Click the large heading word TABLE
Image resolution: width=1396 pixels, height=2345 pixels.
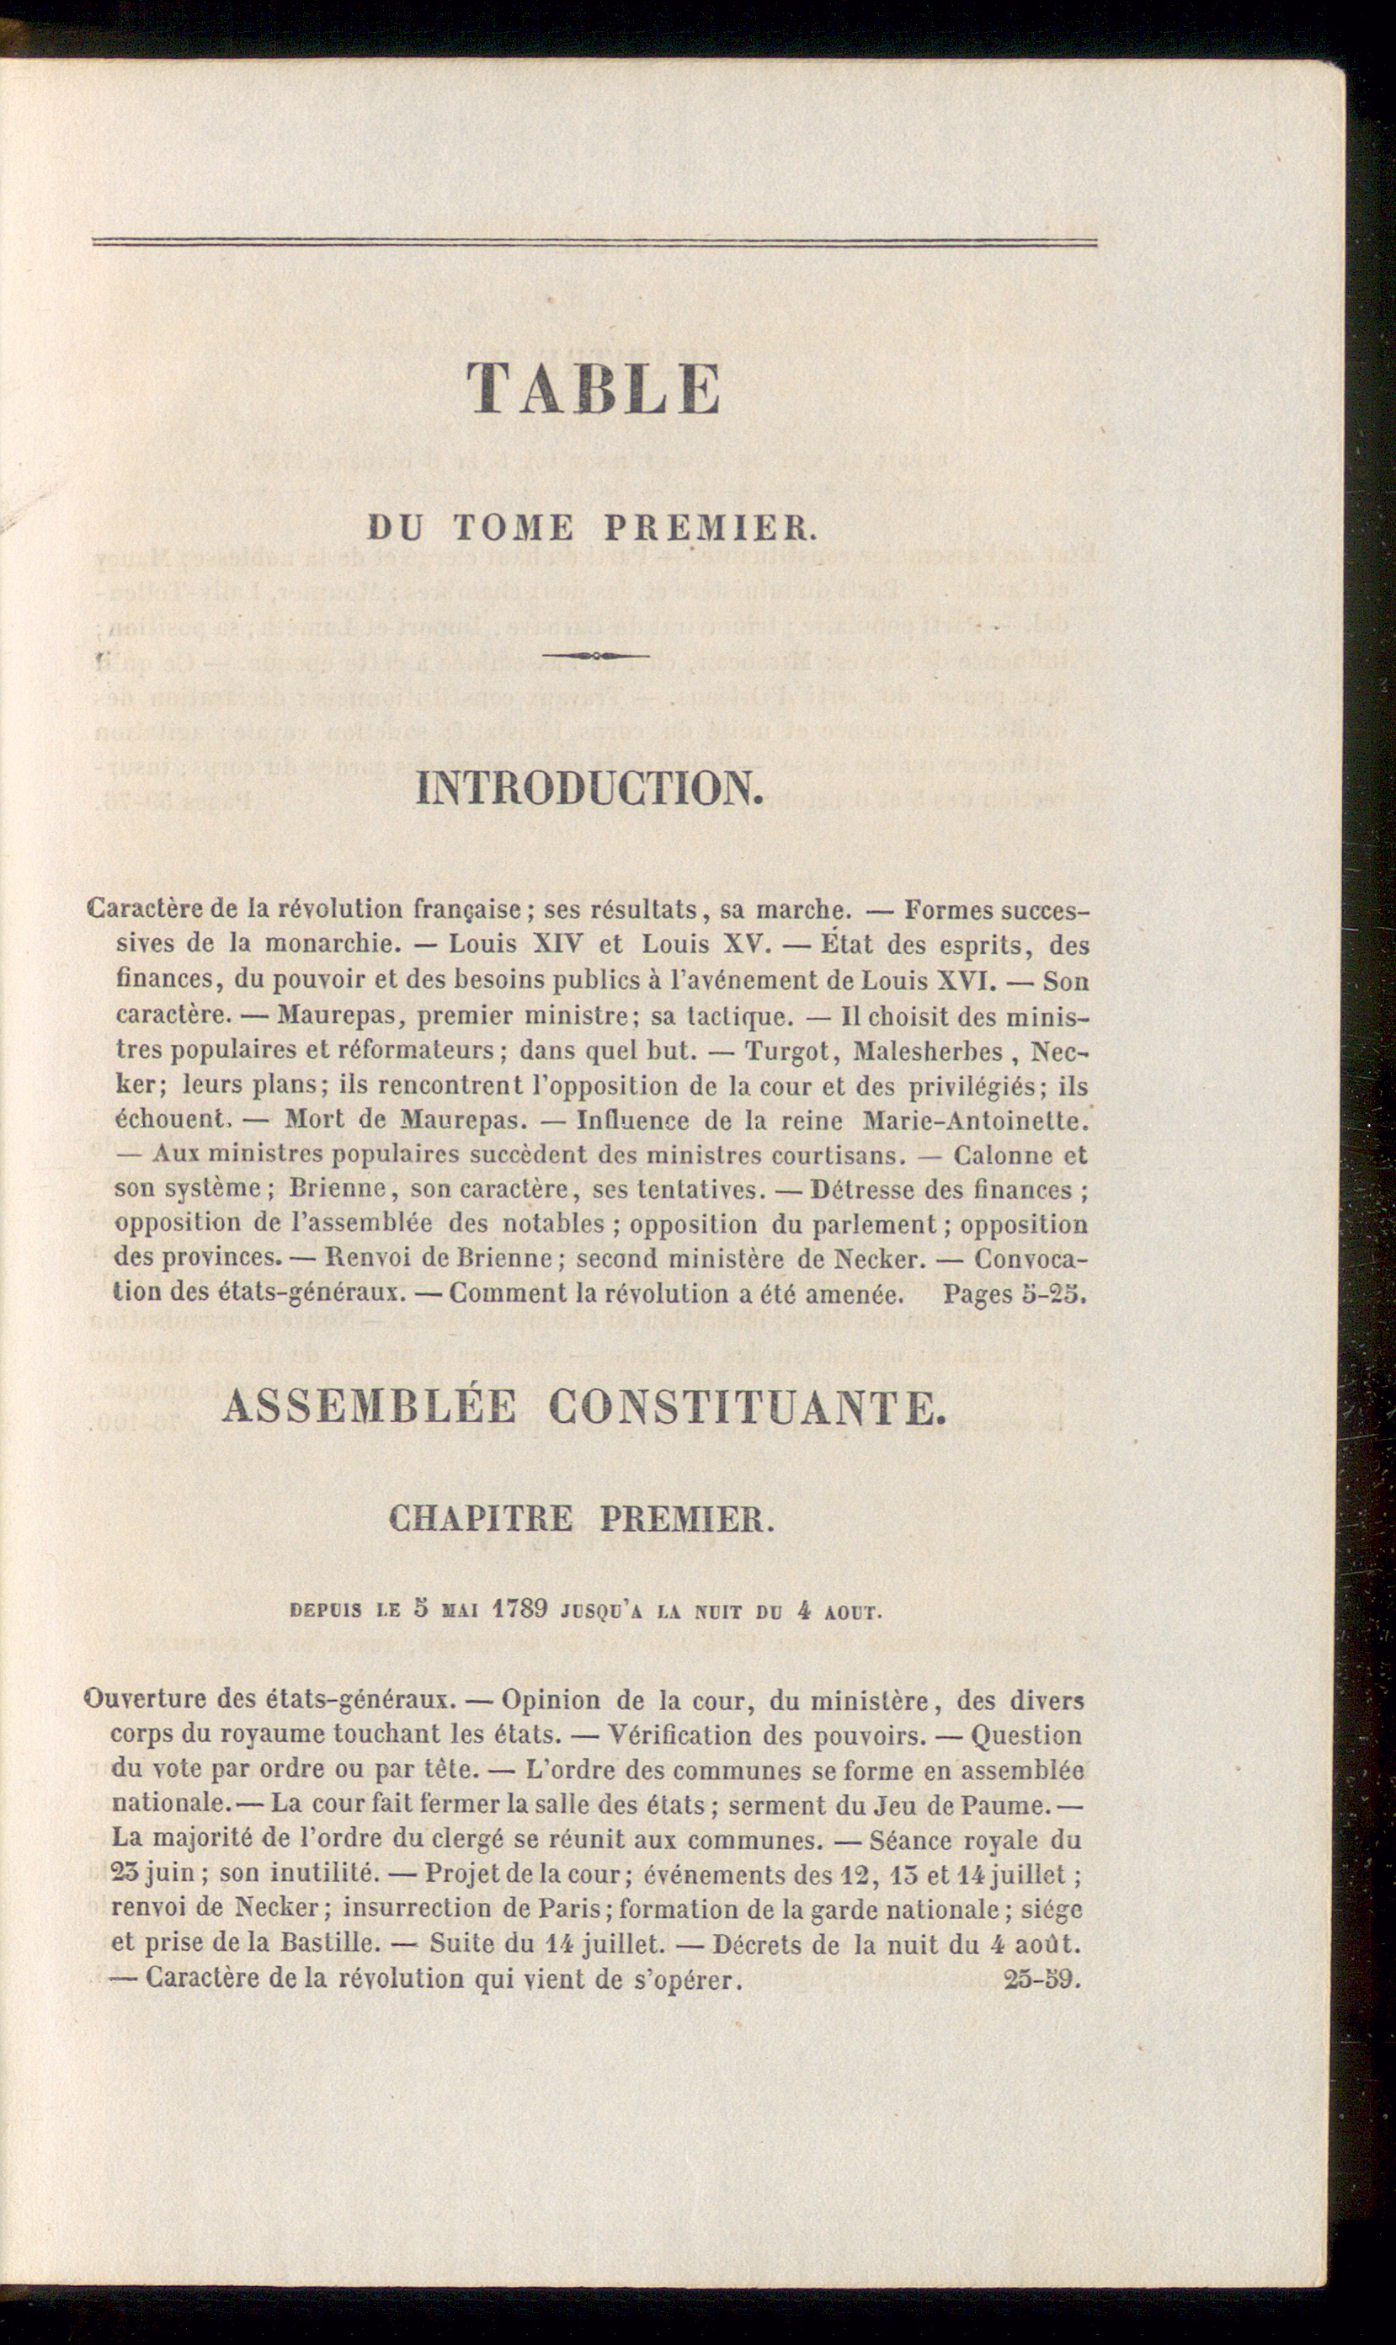click(594, 387)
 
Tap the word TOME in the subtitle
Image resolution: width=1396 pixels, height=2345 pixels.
click(513, 528)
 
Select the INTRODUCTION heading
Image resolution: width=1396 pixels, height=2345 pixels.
click(588, 789)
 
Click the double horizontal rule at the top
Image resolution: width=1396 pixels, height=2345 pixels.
click(594, 243)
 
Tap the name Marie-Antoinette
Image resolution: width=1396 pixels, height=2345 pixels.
click(970, 1120)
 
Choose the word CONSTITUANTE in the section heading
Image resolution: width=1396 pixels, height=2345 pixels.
click(745, 1407)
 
